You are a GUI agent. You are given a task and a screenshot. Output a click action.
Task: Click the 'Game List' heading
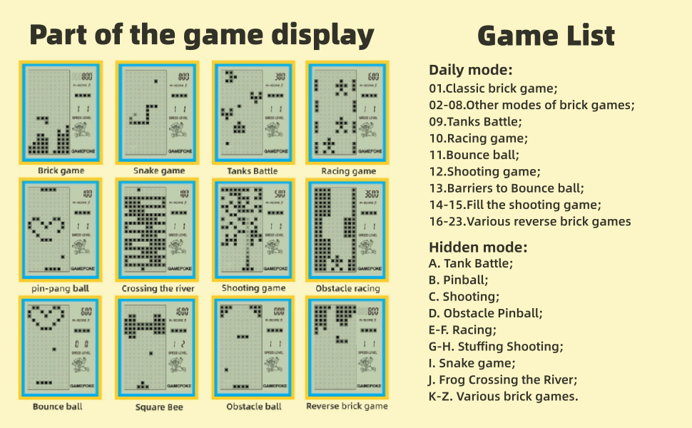(x=546, y=36)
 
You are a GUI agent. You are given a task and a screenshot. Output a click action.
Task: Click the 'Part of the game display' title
(x=202, y=34)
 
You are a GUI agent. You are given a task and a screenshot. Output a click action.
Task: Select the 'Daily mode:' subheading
(x=470, y=70)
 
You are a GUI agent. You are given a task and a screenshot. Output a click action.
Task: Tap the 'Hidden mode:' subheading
(x=477, y=248)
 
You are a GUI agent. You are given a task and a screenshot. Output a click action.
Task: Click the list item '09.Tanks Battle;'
(x=475, y=122)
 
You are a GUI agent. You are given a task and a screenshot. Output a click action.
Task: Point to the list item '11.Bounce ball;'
(x=474, y=155)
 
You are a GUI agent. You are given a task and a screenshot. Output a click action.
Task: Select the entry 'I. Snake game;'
(x=471, y=363)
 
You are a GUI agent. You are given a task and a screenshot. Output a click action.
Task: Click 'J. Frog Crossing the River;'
(x=503, y=379)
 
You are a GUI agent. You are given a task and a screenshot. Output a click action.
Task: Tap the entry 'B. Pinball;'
(x=459, y=280)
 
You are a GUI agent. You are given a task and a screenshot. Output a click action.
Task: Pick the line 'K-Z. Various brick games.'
(x=504, y=397)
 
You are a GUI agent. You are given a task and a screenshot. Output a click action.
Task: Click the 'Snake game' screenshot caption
(x=159, y=171)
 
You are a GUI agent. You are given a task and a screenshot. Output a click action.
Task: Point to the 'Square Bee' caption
(x=159, y=407)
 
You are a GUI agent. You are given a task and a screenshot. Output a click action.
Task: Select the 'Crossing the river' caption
(x=158, y=289)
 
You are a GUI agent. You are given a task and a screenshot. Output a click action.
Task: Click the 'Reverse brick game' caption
(x=347, y=407)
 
